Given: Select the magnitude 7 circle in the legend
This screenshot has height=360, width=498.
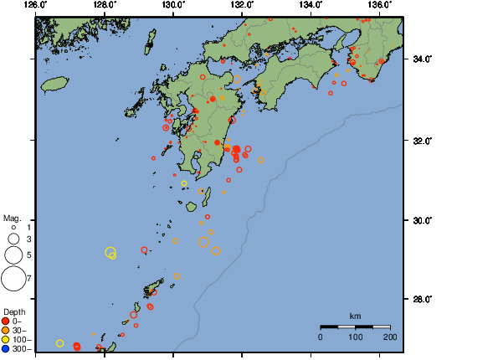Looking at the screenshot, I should pyautogui.click(x=13, y=276).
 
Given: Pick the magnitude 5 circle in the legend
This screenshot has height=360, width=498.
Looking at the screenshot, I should pyautogui.click(x=13, y=254).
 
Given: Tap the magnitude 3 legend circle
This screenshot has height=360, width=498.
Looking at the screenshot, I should pyautogui.click(x=13, y=239).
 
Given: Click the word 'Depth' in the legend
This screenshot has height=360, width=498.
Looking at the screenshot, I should pyautogui.click(x=13, y=311).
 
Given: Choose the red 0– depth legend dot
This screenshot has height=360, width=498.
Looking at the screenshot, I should pyautogui.click(x=6, y=321).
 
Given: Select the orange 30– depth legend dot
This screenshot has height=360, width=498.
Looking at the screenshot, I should pyautogui.click(x=6, y=330).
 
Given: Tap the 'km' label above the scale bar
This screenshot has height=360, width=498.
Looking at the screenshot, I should pyautogui.click(x=355, y=316).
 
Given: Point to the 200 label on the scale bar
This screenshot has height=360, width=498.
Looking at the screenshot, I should pyautogui.click(x=390, y=336).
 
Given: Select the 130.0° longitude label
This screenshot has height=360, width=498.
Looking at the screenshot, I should pyautogui.click(x=173, y=5).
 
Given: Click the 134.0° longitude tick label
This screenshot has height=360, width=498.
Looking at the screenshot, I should pyautogui.click(x=311, y=5).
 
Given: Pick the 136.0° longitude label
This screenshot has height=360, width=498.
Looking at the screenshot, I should pyautogui.click(x=380, y=5).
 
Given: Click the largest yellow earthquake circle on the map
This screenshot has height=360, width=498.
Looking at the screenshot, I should pyautogui.click(x=110, y=252).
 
